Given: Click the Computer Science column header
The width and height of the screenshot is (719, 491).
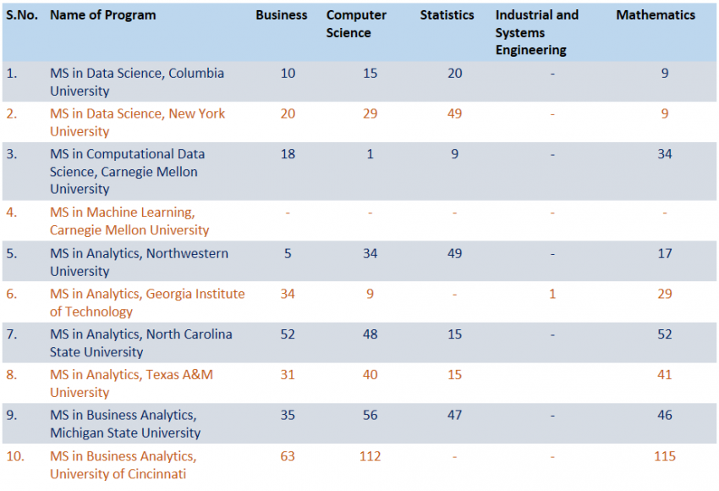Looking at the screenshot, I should (356, 24).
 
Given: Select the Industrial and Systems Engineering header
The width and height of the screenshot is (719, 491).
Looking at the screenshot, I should (537, 32).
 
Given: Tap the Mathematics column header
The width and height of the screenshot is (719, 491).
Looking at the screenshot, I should (656, 15).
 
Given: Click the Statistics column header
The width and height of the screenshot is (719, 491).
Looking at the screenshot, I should (447, 15).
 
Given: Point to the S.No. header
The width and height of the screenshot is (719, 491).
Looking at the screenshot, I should (23, 15).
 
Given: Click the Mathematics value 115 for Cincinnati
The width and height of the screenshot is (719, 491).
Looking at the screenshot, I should (665, 456).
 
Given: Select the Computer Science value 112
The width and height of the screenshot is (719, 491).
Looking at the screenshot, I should (370, 456).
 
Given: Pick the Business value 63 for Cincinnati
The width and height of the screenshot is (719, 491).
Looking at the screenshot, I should (288, 456).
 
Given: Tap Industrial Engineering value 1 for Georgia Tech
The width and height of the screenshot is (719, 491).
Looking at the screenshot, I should (552, 294).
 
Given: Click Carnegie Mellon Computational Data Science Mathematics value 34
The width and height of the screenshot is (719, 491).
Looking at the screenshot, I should (665, 154).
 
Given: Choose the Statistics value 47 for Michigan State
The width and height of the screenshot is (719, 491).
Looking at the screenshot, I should (455, 416).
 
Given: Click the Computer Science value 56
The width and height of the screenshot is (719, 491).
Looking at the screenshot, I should (370, 416).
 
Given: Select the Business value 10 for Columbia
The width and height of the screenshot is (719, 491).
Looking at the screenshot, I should (288, 73).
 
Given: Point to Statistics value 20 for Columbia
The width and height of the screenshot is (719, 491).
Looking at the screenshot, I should (455, 73).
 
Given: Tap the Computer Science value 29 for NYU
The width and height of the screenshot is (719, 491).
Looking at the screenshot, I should (370, 113).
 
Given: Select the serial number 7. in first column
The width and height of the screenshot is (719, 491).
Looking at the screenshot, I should (12, 334).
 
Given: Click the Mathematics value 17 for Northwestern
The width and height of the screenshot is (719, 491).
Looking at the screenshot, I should (665, 253).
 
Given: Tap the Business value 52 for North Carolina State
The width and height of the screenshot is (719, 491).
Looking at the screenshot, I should (288, 334).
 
